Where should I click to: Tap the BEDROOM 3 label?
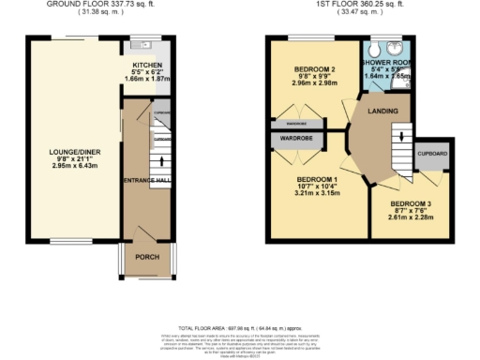(409, 203)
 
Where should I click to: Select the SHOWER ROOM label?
(385, 63)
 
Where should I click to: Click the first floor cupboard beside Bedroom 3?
(432, 154)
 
